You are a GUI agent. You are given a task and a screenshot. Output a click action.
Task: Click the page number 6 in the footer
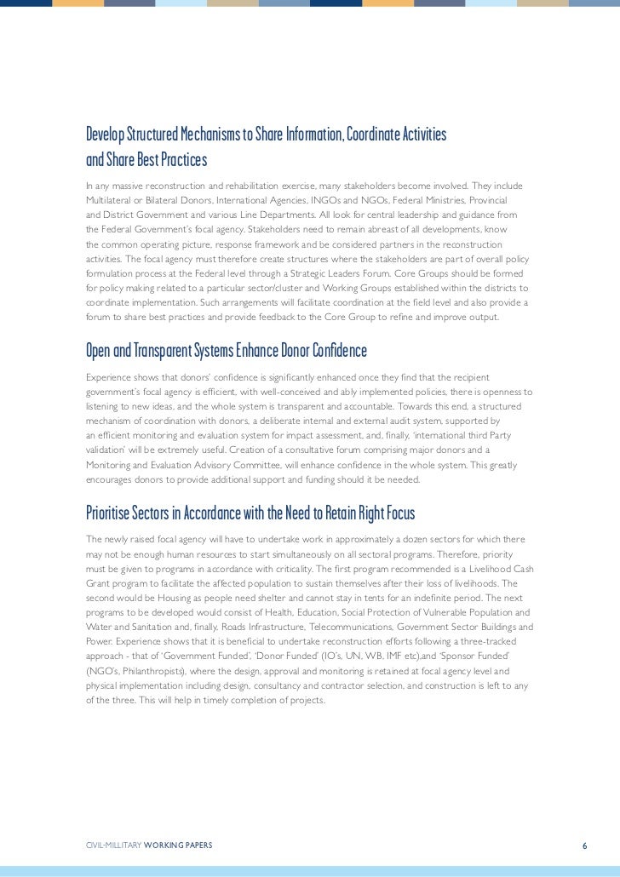(x=584, y=821)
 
